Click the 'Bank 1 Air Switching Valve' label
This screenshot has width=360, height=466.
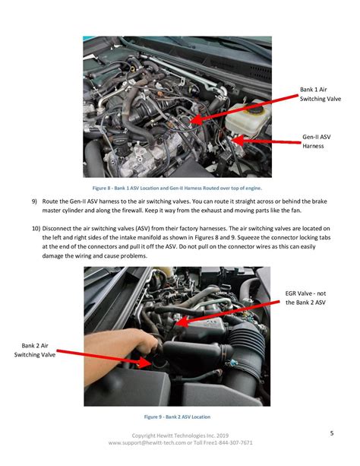pos(321,94)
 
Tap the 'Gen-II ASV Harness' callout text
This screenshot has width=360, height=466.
pos(317,141)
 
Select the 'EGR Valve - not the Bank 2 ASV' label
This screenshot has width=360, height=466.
pos(305,298)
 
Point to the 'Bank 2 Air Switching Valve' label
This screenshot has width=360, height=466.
pos(35,350)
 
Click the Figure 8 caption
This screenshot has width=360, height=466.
pos(177,188)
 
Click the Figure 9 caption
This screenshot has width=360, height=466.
pos(177,417)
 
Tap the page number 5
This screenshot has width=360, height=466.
pos(332,433)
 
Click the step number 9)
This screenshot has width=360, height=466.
pos(34,201)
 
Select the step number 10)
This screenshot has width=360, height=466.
pos(36,229)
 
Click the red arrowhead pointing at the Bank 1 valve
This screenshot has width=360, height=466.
pos(196,119)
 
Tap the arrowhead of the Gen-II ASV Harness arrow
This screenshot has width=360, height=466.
pos(238,141)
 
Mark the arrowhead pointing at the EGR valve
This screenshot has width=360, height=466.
pos(182,322)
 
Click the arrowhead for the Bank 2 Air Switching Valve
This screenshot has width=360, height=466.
pos(145,363)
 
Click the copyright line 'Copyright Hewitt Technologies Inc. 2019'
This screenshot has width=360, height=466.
pos(180,436)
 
